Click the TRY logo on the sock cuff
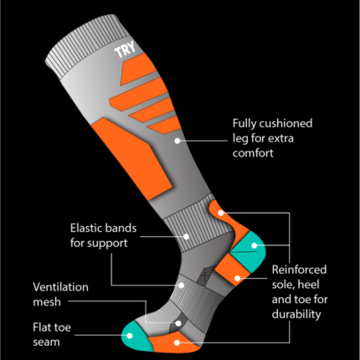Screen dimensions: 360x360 tap(126, 49)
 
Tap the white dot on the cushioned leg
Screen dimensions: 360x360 tap(177, 141)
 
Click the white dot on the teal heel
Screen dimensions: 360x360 tap(255, 245)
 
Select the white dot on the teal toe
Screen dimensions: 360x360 tap(130, 336)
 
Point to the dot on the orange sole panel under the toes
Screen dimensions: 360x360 tap(177, 342)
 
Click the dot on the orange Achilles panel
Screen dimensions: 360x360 tap(221, 213)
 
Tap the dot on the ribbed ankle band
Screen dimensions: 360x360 tap(186, 237)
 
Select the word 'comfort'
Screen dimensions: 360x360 tap(253, 153)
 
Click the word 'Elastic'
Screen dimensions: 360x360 tap(85, 228)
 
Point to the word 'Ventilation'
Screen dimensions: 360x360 tap(60, 287)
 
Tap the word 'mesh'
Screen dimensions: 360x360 tap(47, 302)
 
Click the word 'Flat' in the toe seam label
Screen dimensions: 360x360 tap(41, 327)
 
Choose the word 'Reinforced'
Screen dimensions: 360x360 tap(299, 270)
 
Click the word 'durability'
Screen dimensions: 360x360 tap(296, 315)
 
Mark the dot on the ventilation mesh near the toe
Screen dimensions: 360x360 tap(178, 323)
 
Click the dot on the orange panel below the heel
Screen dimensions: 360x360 tap(237, 278)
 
